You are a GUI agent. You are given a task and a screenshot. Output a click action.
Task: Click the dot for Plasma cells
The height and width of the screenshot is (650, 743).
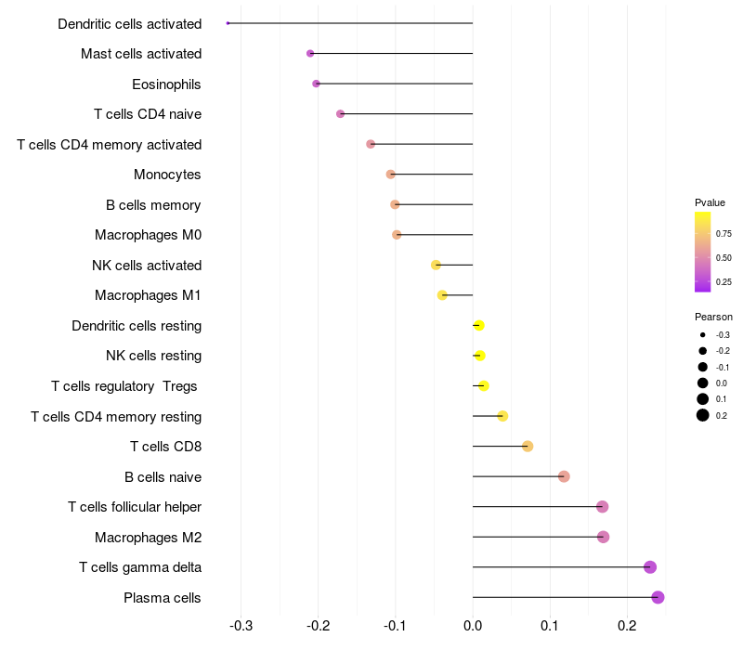[x=658, y=597]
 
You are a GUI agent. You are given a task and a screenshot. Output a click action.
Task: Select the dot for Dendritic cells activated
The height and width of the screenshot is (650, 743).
[x=228, y=23]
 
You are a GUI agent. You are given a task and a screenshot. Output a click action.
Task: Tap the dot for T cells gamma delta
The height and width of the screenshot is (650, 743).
[x=650, y=567]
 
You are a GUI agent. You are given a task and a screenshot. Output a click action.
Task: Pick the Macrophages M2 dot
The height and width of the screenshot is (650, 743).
[x=603, y=537]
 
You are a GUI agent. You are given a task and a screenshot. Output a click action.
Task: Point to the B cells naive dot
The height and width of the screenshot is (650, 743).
[x=564, y=476]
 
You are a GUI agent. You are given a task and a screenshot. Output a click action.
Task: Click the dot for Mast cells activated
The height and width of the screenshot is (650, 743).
[x=310, y=54]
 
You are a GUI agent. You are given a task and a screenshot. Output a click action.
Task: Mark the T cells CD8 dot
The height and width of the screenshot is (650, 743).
[x=528, y=447]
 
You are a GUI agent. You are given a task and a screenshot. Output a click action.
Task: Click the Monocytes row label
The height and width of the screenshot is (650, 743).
[x=167, y=175]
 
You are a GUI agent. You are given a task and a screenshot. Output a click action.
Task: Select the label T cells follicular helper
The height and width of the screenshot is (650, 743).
[x=135, y=507]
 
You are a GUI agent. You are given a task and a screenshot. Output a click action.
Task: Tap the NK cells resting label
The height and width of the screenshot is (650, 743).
[x=153, y=356]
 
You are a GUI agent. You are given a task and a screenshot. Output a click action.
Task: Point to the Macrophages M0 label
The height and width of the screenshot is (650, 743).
[x=148, y=235]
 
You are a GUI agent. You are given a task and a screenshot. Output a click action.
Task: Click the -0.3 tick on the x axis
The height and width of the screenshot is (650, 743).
[x=241, y=625]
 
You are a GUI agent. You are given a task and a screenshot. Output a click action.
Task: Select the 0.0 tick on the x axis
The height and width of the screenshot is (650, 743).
[x=473, y=625]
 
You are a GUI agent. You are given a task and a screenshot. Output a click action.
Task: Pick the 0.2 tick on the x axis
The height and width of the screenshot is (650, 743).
[x=627, y=625]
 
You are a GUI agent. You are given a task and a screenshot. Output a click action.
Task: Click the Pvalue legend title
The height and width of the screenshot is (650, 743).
[x=710, y=202]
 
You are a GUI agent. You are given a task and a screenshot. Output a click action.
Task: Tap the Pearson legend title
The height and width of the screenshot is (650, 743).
[x=713, y=317]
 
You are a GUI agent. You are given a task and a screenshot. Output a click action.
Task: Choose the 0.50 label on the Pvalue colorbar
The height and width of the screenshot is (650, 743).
[x=723, y=258]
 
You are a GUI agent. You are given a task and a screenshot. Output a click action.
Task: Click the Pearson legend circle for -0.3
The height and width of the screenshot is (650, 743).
[x=703, y=335]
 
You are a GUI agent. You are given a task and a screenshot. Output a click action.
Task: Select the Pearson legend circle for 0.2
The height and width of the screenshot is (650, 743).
[x=703, y=415]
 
